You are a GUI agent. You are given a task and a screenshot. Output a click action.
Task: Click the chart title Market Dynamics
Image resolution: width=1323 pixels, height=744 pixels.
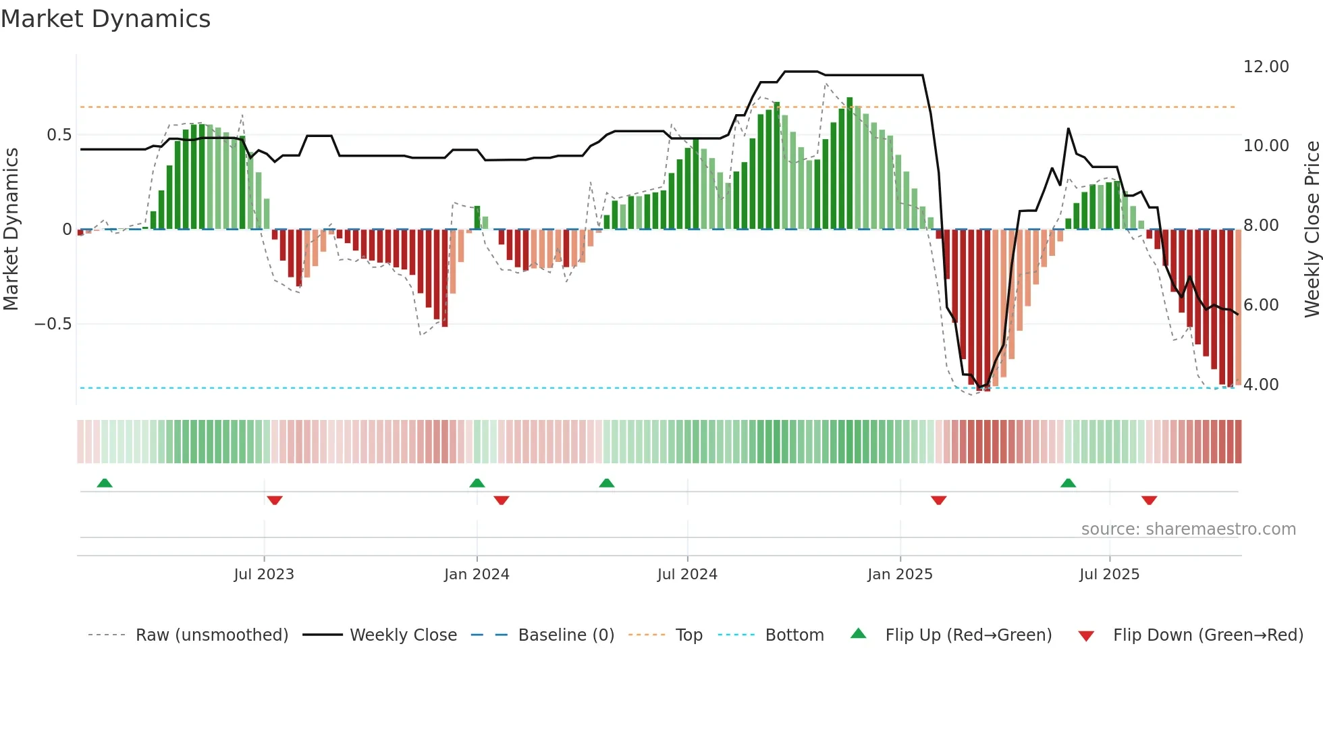coord(106,19)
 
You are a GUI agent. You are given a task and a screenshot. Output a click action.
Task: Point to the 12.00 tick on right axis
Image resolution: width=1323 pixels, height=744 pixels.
coord(1266,67)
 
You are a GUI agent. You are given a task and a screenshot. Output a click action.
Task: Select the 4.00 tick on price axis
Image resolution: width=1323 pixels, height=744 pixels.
coord(1260,385)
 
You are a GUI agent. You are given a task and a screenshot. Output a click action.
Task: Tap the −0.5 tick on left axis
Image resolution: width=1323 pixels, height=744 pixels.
coord(53,324)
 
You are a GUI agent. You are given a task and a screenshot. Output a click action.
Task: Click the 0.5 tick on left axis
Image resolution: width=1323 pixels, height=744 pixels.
coord(59,135)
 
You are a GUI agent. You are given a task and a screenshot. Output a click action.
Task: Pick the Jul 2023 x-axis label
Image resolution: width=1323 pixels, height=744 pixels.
coord(264,575)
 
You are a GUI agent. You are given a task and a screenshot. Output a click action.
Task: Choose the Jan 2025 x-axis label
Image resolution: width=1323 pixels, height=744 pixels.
coord(900,575)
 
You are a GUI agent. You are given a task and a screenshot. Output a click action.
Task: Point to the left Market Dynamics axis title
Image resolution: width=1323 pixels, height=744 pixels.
coord(11,230)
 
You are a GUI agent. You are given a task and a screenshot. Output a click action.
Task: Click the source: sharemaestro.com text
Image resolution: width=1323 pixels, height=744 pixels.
coord(1188,529)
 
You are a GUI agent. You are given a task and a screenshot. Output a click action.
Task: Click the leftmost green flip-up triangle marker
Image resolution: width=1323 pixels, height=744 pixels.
coord(105,483)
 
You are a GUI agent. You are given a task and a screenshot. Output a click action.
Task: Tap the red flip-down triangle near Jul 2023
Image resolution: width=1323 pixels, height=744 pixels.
coord(275,500)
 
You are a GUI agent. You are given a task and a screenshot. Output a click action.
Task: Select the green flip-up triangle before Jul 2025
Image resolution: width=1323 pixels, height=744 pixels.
coord(1068,483)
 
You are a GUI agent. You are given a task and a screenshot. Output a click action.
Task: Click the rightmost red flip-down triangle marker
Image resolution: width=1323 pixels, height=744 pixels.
coord(1149,500)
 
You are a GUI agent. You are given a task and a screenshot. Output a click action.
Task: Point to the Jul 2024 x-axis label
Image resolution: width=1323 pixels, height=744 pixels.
coord(687,575)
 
